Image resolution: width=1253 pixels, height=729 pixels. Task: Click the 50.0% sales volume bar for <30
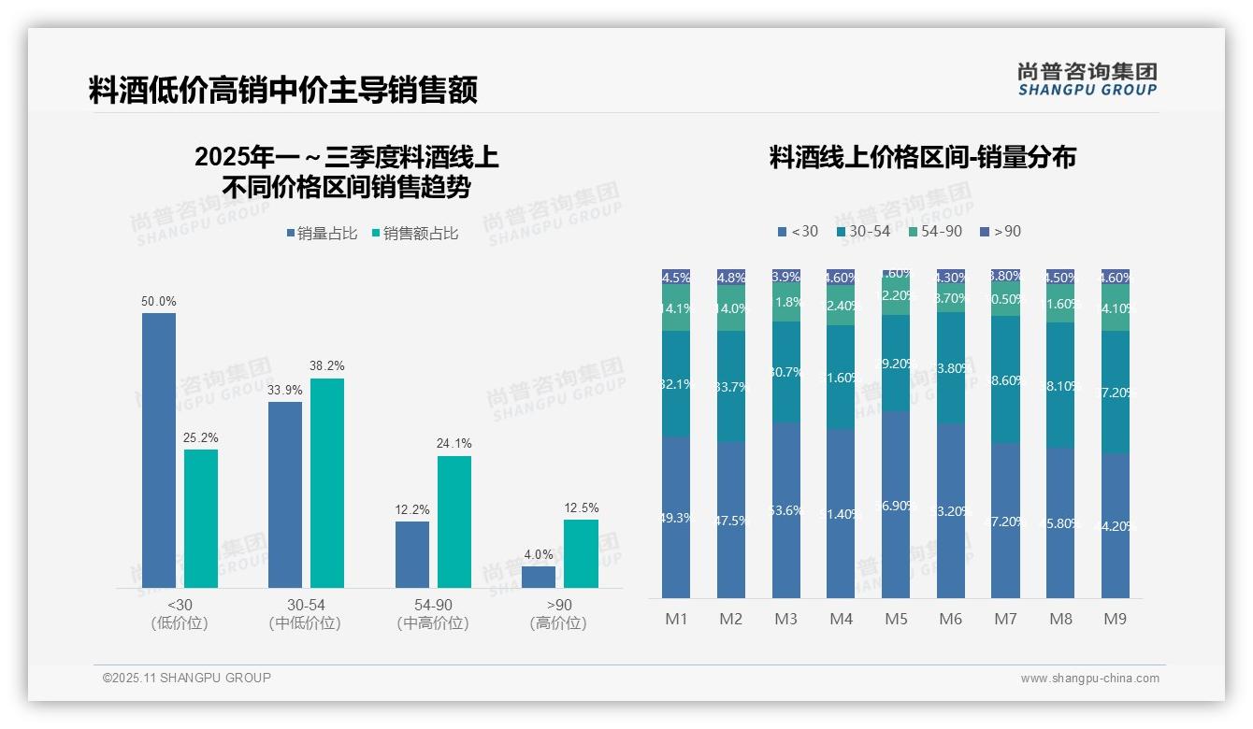(x=159, y=450)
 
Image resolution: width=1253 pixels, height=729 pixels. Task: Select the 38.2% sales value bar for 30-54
(x=327, y=482)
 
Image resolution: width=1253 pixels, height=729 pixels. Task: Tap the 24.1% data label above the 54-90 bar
(x=454, y=443)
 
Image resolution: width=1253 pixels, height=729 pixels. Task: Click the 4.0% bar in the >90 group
(x=539, y=577)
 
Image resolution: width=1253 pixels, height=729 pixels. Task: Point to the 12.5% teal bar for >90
(x=580, y=553)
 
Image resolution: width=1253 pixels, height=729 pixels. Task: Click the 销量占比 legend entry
(x=322, y=234)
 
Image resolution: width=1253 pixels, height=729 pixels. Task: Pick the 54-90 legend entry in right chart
(x=935, y=231)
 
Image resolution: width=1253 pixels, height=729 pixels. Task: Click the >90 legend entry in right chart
(x=1001, y=231)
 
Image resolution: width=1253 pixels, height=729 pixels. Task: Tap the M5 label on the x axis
(x=896, y=619)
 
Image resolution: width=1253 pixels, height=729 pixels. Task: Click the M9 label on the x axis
(x=1116, y=619)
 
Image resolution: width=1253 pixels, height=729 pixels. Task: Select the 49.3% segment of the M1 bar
(x=675, y=517)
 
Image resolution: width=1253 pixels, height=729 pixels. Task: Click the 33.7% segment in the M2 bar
(x=731, y=386)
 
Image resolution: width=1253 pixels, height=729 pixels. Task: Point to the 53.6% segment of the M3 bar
(x=786, y=509)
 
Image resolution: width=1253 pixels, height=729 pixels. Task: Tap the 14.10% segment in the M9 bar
(x=1116, y=307)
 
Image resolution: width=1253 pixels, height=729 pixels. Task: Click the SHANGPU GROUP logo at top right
(x=1087, y=79)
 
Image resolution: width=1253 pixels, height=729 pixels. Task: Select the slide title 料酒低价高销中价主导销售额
(x=283, y=91)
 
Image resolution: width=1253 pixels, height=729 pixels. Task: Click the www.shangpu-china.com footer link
(x=1089, y=679)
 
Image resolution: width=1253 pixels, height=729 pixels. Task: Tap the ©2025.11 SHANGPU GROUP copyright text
(x=187, y=678)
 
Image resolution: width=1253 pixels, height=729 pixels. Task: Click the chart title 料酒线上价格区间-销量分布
(x=922, y=157)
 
